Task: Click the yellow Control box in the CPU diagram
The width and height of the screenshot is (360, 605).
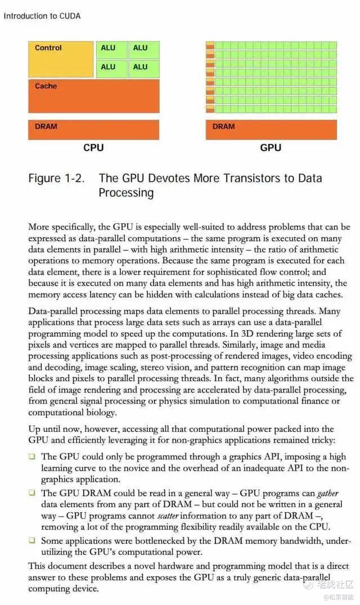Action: [61, 59]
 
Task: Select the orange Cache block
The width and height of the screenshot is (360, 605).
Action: [93, 96]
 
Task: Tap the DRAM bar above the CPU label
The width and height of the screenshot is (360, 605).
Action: [93, 129]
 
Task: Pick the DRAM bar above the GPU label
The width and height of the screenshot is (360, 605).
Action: [271, 129]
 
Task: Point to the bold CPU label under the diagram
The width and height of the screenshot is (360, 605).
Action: [93, 148]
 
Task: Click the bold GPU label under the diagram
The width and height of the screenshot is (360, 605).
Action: [271, 148]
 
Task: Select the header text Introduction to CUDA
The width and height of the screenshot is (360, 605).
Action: [42, 16]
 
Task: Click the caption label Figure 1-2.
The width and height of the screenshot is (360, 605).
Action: [57, 179]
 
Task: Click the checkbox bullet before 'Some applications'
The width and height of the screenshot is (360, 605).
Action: [32, 540]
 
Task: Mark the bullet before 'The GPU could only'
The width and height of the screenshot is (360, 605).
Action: [32, 457]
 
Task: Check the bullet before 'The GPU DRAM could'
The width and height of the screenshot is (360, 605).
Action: [32, 493]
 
